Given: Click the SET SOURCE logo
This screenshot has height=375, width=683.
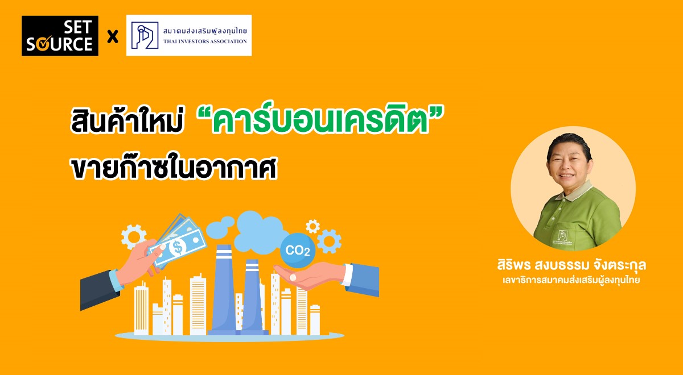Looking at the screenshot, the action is tap(60, 36).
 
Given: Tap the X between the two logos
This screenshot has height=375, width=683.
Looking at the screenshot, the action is tap(113, 37).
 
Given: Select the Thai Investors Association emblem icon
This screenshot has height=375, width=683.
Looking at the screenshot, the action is tap(145, 36).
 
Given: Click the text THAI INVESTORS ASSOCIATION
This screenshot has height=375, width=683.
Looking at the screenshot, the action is tap(205, 41).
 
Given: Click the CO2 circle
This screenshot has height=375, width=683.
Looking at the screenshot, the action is tap(298, 250).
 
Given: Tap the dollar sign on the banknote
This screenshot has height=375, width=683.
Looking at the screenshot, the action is tap(178, 247).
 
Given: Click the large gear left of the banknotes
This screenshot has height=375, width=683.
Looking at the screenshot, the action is tap(133, 236).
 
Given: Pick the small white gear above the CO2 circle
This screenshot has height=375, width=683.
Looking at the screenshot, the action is tap(312, 227).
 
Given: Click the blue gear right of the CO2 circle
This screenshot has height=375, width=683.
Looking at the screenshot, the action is tap(329, 241).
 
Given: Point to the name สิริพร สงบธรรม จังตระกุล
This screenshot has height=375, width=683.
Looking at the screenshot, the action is tap(571, 265).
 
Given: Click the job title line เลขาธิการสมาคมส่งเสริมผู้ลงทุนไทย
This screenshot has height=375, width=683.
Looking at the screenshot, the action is tap(571, 280).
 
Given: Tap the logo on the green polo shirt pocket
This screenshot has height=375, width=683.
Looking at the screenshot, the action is tap(563, 235).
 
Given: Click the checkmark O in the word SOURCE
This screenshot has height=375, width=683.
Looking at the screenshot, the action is tap(43, 45).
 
